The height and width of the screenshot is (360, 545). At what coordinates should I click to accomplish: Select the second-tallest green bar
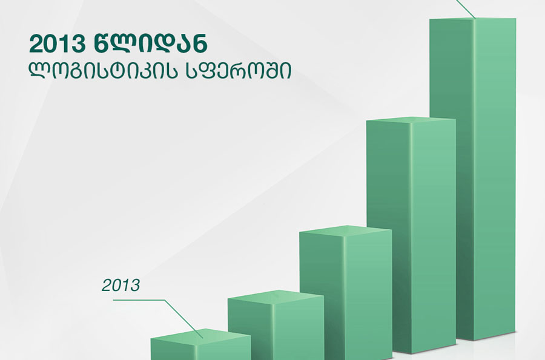pos(411,236)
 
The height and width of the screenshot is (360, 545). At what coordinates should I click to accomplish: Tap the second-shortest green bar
pos(276,326)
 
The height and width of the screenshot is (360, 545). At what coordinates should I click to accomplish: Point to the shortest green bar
pos(200,345)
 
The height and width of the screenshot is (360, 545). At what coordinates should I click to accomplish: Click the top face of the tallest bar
pos(473,18)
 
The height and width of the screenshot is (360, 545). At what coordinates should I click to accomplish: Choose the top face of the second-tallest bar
pos(411,120)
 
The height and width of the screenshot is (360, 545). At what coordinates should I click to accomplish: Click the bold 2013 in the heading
pos(58,44)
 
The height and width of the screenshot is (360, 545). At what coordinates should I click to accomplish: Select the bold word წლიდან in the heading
pos(151,44)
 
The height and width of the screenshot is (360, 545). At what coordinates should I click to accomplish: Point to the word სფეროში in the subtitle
pos(239,71)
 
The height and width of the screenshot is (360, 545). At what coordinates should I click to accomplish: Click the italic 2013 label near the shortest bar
pos(121,286)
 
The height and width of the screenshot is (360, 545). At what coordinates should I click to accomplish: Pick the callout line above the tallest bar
pos(466,8)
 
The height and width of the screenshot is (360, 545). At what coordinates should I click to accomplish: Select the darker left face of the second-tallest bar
pos(389,236)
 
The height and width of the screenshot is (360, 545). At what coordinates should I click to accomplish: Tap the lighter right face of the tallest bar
pos(495,178)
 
